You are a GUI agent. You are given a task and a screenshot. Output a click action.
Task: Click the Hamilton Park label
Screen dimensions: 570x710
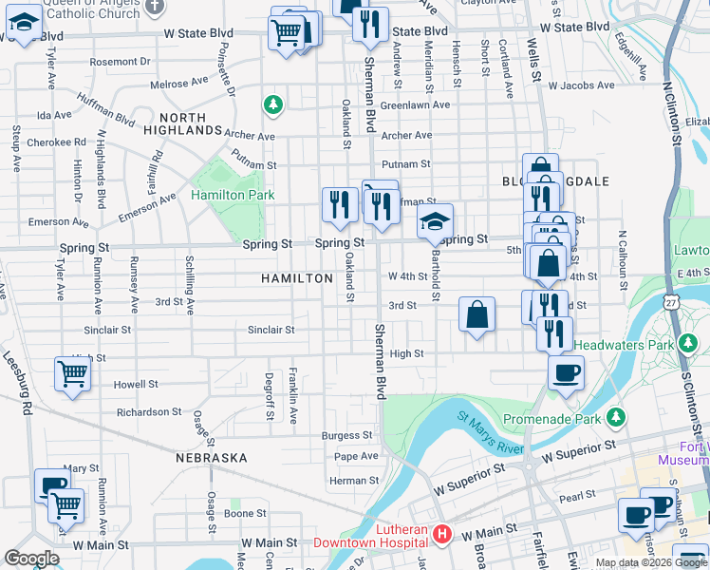pyautogui.click(x=233, y=195)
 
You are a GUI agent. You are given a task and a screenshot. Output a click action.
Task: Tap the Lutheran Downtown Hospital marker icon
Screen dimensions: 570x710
pyautogui.click(x=441, y=535)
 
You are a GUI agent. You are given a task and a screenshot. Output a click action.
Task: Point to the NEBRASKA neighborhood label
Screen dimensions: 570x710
pyautogui.click(x=211, y=457)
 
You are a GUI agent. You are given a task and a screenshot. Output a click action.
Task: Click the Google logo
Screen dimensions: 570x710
pyautogui.click(x=31, y=559)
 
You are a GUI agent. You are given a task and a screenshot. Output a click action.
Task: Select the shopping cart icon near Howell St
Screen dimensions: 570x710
pyautogui.click(x=73, y=373)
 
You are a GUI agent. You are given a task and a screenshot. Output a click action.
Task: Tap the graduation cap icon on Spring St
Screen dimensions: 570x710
pyautogui.click(x=435, y=221)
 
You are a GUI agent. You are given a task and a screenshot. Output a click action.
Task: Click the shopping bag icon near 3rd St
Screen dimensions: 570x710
pyautogui.click(x=477, y=314)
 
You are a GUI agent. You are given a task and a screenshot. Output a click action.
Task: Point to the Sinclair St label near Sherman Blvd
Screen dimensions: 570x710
pyautogui.click(x=271, y=330)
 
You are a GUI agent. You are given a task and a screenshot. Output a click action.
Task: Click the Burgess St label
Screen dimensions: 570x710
pyautogui.click(x=346, y=435)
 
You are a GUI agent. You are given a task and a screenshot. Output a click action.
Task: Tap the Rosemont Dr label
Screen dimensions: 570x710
pyautogui.click(x=120, y=62)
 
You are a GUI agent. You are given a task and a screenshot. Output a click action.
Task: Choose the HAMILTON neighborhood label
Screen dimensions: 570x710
pyautogui.click(x=298, y=278)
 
